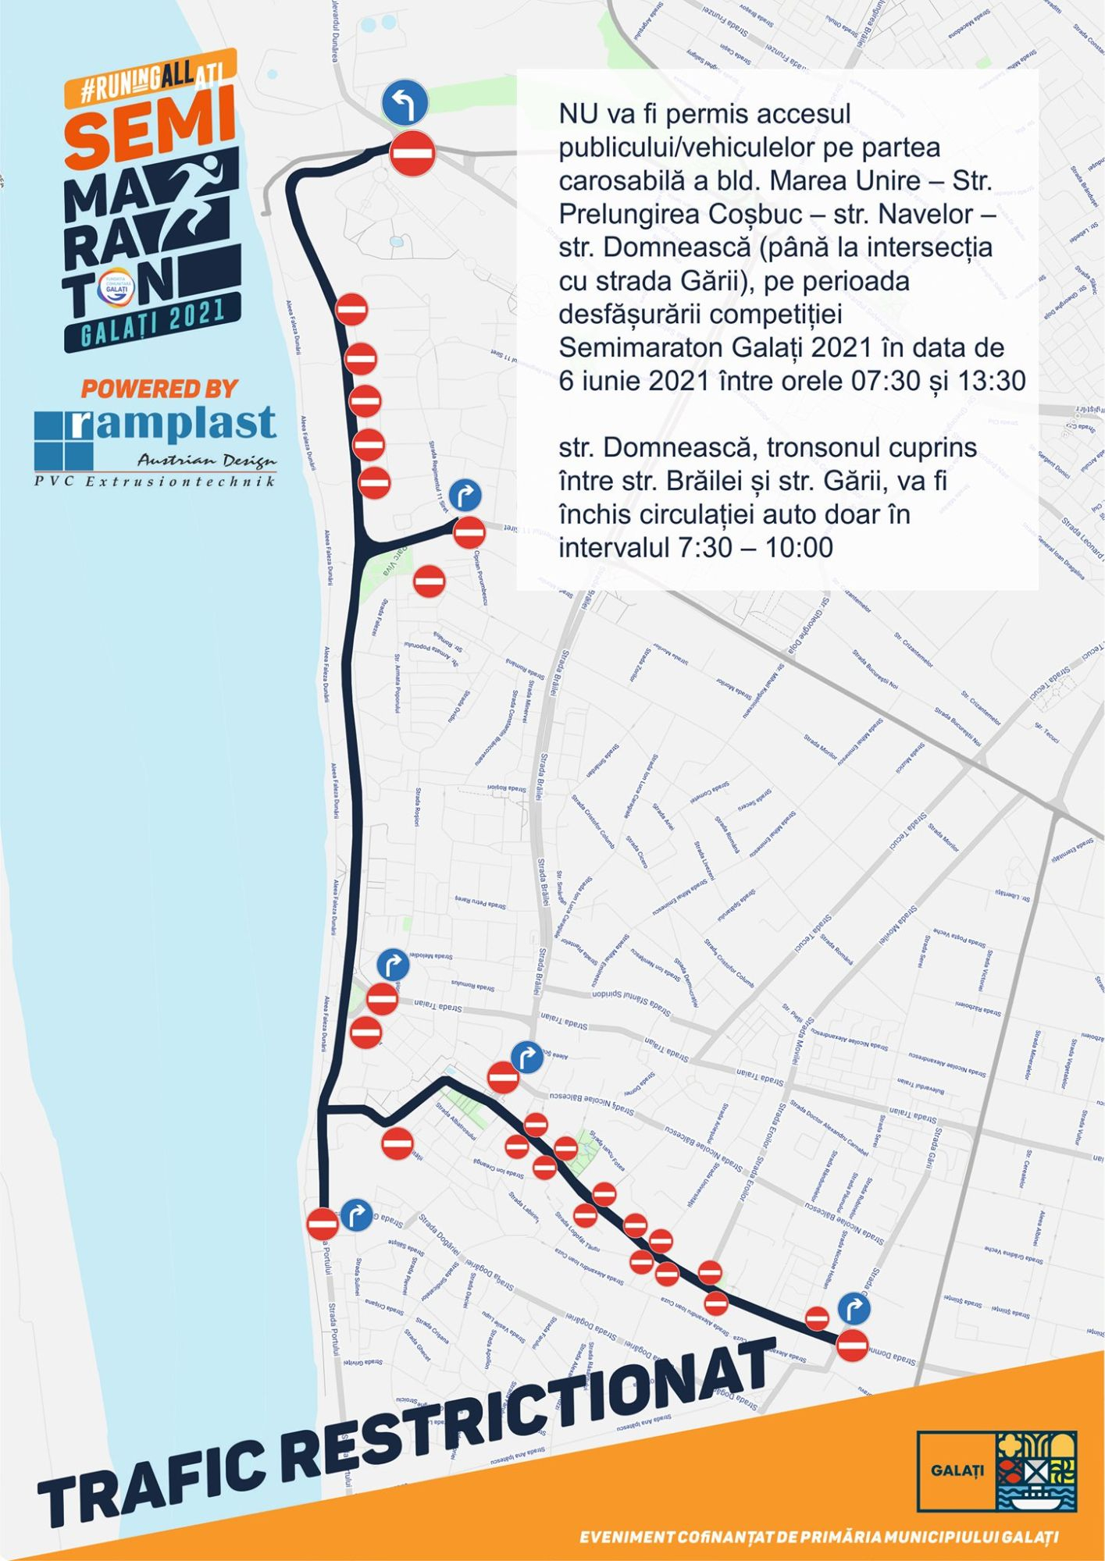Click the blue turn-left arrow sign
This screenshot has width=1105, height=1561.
click(405, 103)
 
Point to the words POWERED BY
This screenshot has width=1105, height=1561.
click(159, 388)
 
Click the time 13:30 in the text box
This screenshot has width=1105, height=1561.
click(988, 381)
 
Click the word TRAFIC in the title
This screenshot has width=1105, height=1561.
click(156, 1482)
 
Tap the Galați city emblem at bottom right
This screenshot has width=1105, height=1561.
click(1035, 1471)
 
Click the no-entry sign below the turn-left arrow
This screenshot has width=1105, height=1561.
click(412, 154)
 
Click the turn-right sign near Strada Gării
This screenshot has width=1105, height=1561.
click(854, 1308)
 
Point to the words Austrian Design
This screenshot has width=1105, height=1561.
click(206, 460)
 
